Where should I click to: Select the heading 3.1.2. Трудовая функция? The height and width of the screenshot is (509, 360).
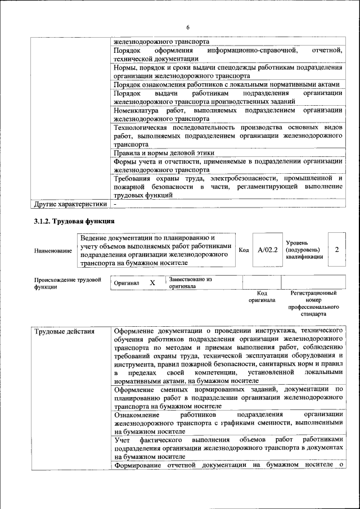[74, 220]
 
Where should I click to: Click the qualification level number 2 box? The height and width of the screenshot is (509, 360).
[336, 249]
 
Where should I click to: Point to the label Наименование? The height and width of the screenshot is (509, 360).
[53, 250]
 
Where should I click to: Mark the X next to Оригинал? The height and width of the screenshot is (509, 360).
[152, 283]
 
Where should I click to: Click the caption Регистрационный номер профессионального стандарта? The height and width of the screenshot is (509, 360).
[313, 303]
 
